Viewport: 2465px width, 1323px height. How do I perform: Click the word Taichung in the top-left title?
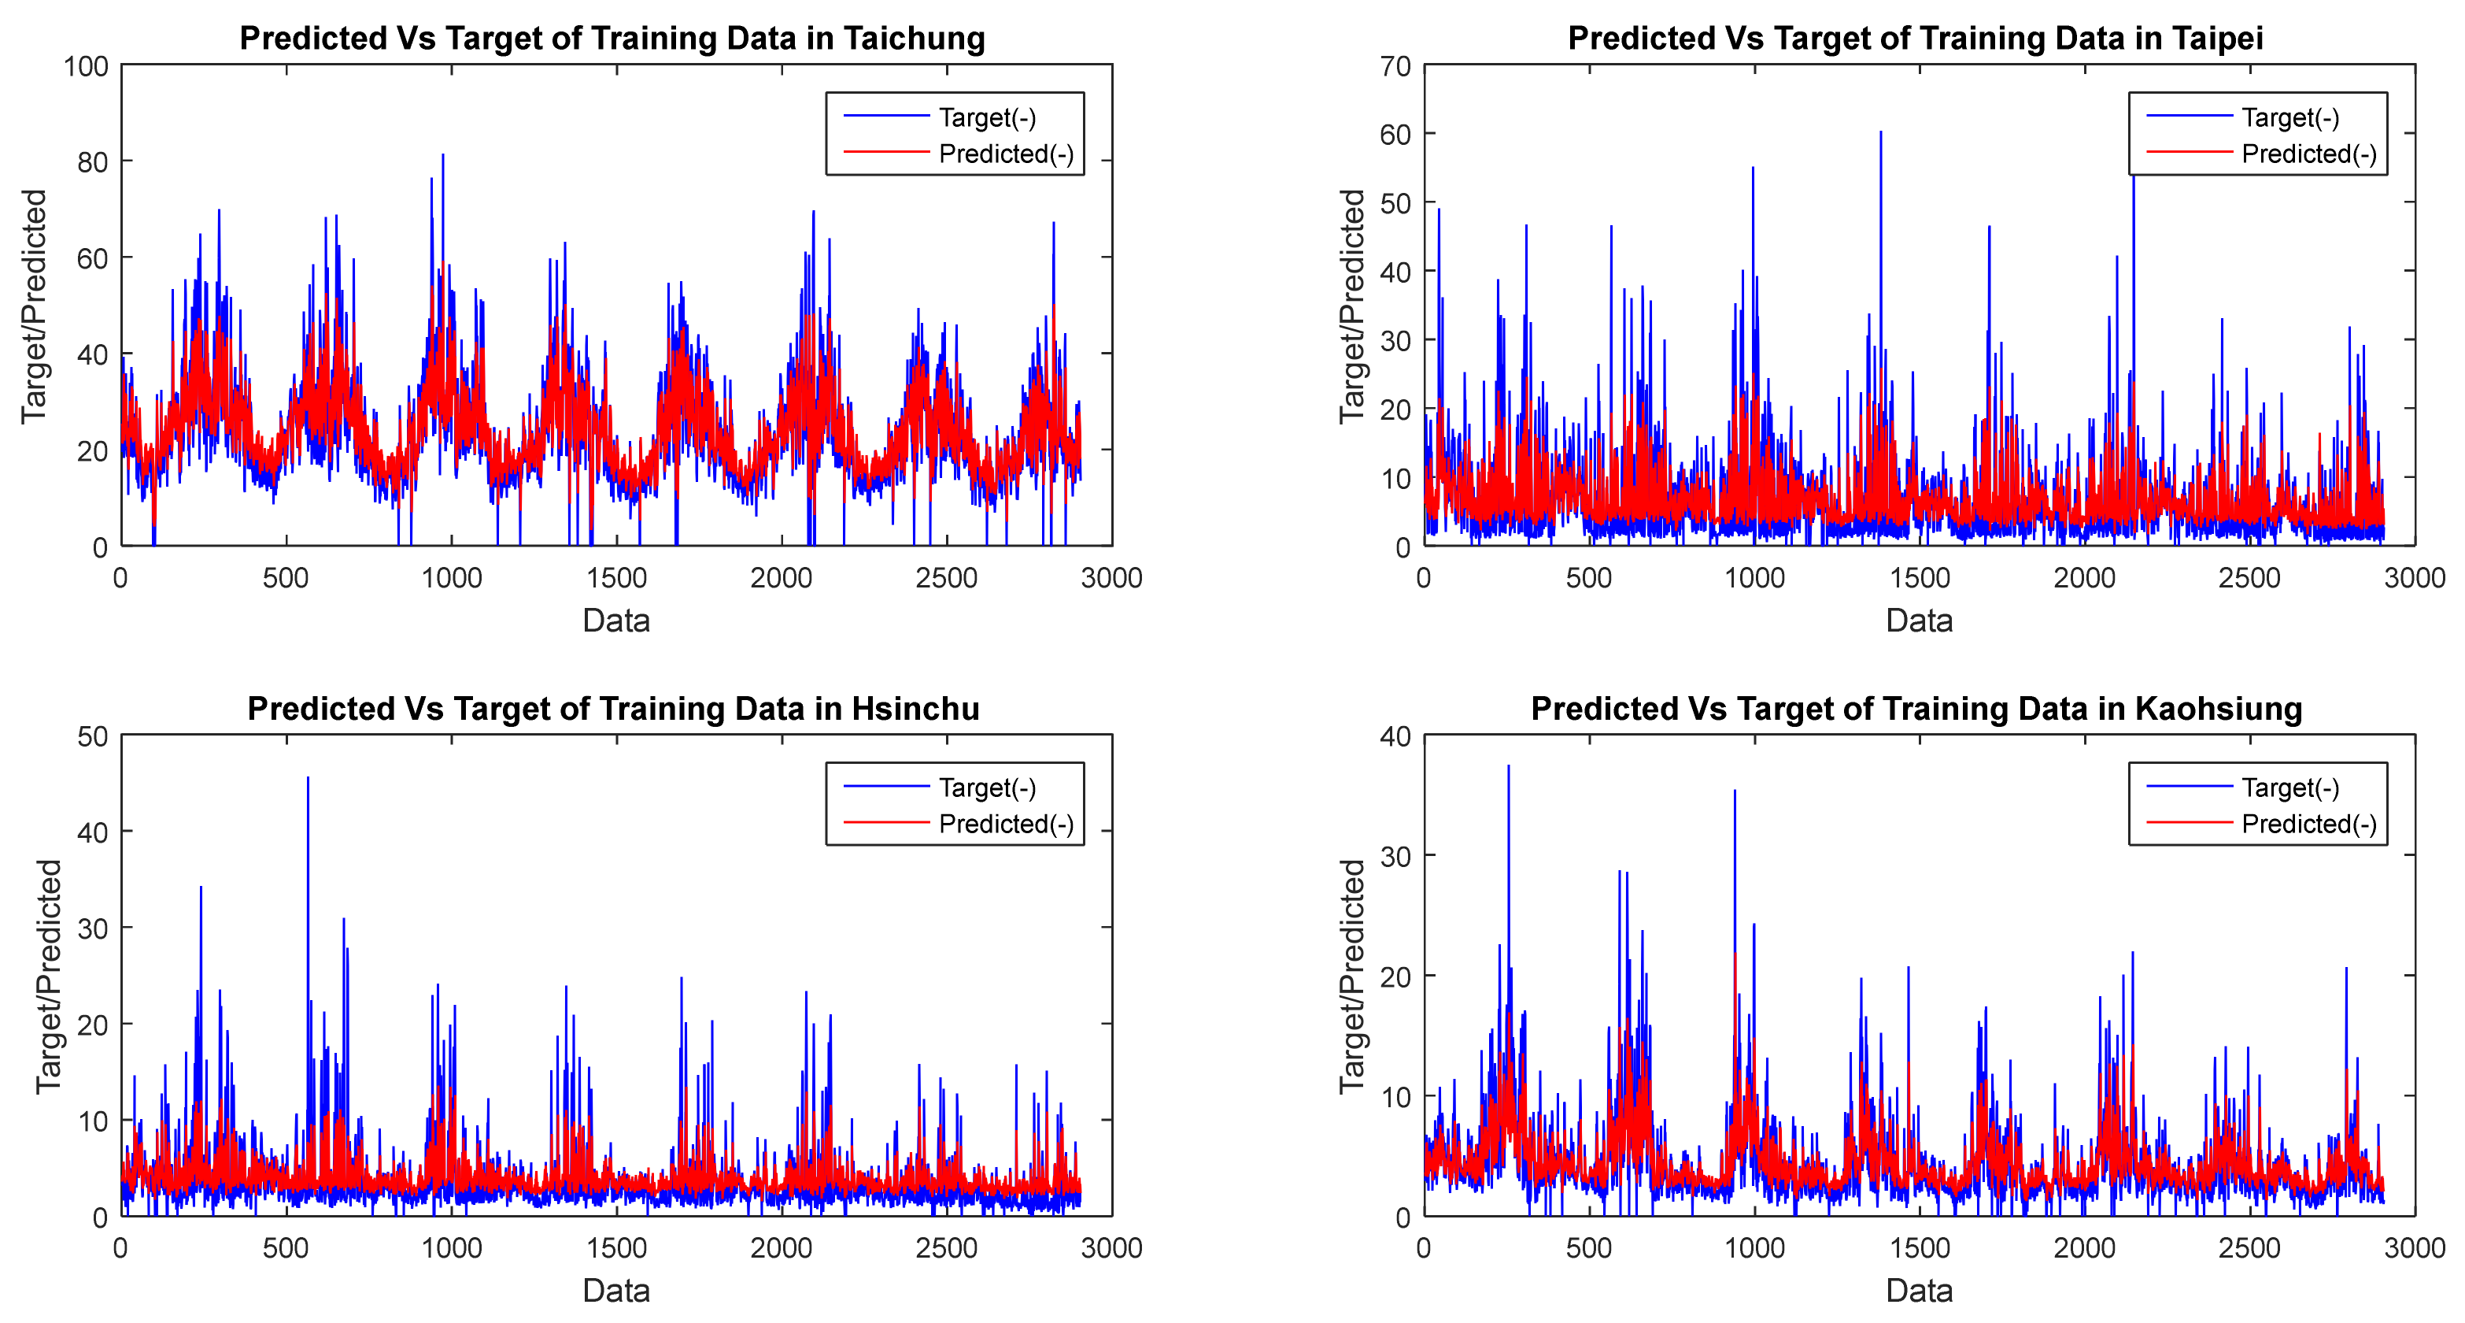click(913, 39)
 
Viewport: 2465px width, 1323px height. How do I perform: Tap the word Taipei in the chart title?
click(2217, 39)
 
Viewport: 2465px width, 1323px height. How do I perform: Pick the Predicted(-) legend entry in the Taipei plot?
click(2308, 154)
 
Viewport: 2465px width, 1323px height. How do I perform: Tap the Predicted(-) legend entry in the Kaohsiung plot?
click(2308, 825)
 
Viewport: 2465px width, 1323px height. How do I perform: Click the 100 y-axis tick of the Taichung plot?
click(86, 66)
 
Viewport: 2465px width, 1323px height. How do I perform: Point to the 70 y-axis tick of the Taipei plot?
click(1396, 66)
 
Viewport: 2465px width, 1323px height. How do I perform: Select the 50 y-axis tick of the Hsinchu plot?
click(93, 736)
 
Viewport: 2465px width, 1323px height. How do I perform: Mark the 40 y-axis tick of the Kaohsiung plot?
click(1396, 736)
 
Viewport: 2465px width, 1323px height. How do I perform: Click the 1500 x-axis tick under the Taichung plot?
click(616, 578)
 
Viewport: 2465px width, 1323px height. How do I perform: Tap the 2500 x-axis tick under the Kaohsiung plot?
click(2249, 1248)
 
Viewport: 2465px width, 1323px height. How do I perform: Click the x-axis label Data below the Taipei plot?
click(1919, 621)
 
